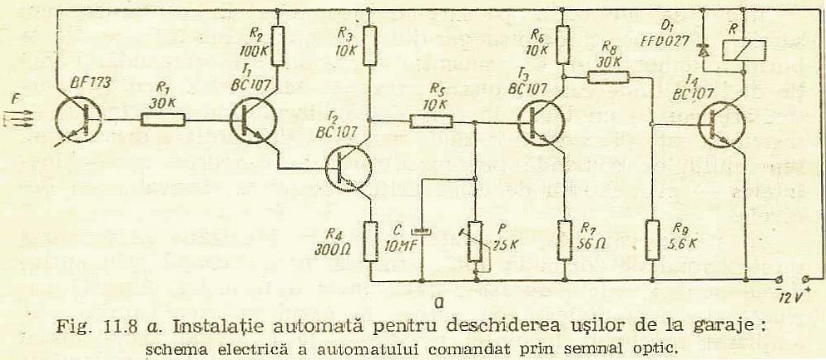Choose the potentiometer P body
tap(476, 242)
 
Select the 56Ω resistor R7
tap(564, 239)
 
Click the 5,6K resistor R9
tap(652, 239)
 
